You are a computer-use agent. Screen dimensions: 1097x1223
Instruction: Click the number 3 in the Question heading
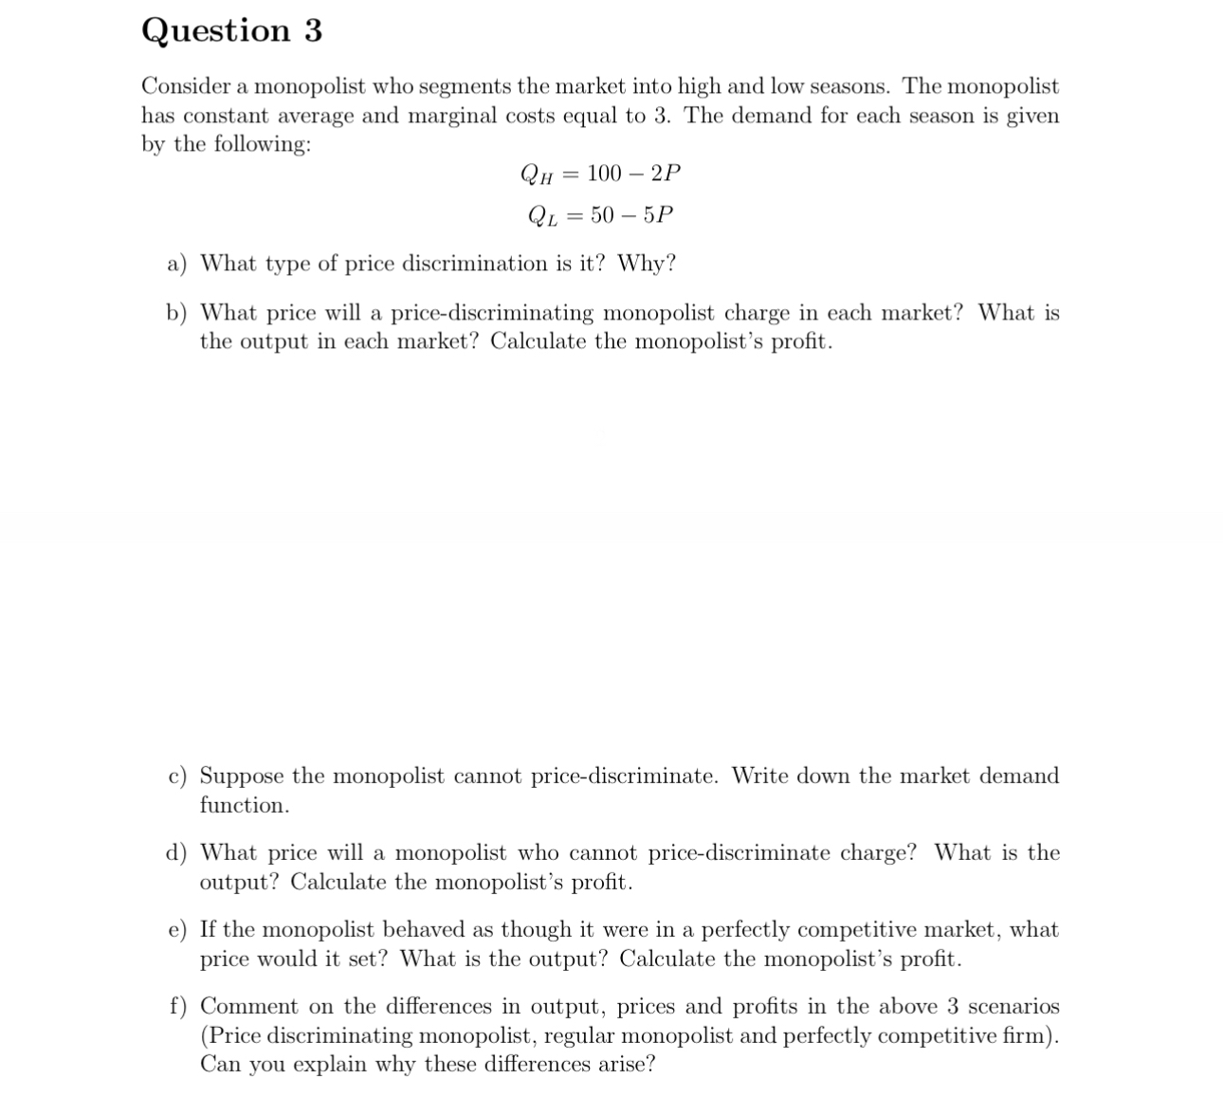click(x=313, y=30)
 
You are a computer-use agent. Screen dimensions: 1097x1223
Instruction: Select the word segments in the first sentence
click(x=464, y=87)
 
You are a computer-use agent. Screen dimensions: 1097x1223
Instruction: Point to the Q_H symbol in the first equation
click(x=536, y=174)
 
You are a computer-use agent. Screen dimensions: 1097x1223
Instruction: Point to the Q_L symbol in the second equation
click(x=541, y=216)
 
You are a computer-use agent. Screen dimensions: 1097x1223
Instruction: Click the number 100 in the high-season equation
click(x=604, y=174)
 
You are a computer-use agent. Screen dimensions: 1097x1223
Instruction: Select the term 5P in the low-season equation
click(x=658, y=215)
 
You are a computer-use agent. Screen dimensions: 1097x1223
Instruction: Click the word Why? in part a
click(x=647, y=264)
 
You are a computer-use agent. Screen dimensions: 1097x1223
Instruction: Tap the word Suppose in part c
click(x=241, y=777)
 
